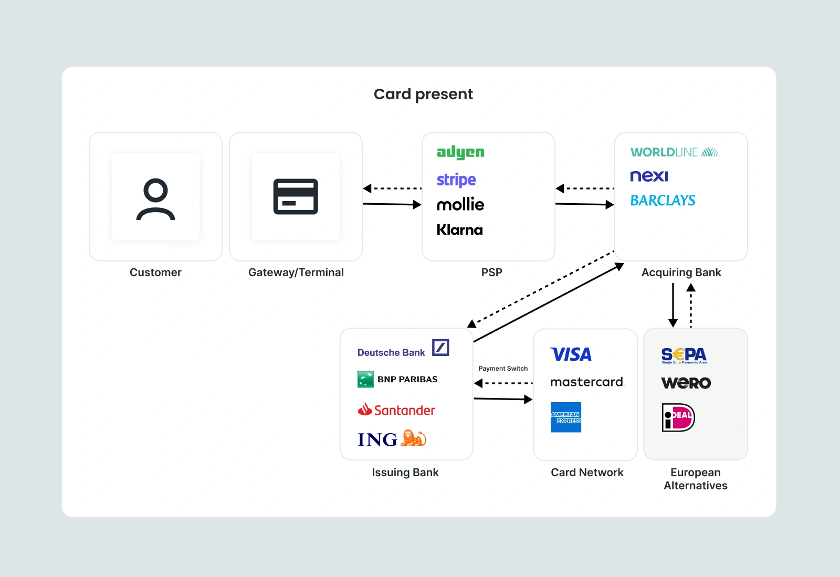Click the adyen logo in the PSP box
pyautogui.click(x=460, y=152)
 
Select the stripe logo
pyautogui.click(x=456, y=180)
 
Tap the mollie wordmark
pyautogui.click(x=460, y=205)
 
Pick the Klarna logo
pyautogui.click(x=459, y=230)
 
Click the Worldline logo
pyautogui.click(x=675, y=152)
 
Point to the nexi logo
pyautogui.click(x=649, y=176)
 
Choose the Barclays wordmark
pyautogui.click(x=663, y=201)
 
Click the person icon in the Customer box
pyautogui.click(x=156, y=199)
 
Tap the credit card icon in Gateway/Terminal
pyautogui.click(x=296, y=196)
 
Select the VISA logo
pyautogui.click(x=571, y=355)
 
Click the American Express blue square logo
pyautogui.click(x=566, y=417)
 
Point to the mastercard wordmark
pyautogui.click(x=587, y=382)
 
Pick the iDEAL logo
pyautogui.click(x=678, y=418)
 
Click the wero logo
pyautogui.click(x=686, y=383)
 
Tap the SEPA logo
pyautogui.click(x=684, y=355)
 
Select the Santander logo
pyautogui.click(x=396, y=410)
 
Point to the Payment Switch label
pyautogui.click(x=503, y=369)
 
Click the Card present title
pyautogui.click(x=423, y=94)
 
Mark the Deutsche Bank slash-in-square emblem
pyautogui.click(x=440, y=348)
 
